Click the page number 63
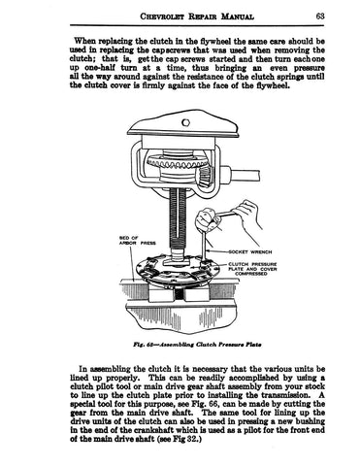[x=319, y=16]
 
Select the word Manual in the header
[x=238, y=17]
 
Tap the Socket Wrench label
[x=250, y=251]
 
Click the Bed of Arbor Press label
[x=138, y=240]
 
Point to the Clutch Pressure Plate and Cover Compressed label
[x=252, y=269]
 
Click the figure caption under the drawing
[x=197, y=345]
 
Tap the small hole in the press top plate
[x=185, y=122]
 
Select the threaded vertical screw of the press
[x=178, y=221]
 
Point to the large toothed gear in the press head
[x=177, y=162]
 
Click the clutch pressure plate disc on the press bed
[x=174, y=269]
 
